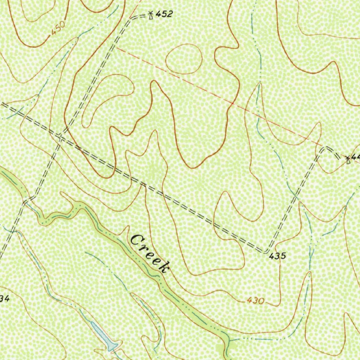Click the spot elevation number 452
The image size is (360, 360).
coord(164,14)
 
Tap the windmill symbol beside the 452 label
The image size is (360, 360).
coord(150,15)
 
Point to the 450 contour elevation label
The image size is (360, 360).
coord(58,28)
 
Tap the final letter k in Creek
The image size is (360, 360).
coord(164,267)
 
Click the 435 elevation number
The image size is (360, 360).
coord(278,256)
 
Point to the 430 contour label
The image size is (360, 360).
coord(255,301)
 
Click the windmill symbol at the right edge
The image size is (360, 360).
coord(348,160)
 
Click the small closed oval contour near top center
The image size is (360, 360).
coord(184,59)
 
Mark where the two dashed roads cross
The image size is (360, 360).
coord(59,135)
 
